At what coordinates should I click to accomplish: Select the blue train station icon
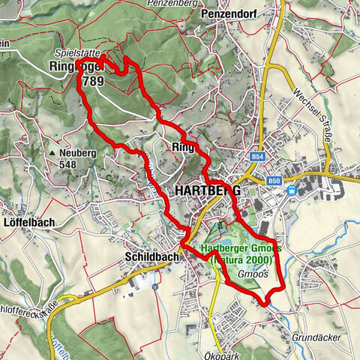[x=292, y=190]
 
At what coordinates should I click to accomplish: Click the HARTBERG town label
[x=207, y=191]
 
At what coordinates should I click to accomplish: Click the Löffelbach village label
[x=25, y=224]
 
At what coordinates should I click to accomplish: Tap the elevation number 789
[x=95, y=80]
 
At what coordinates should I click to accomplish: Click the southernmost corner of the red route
[x=264, y=304]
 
